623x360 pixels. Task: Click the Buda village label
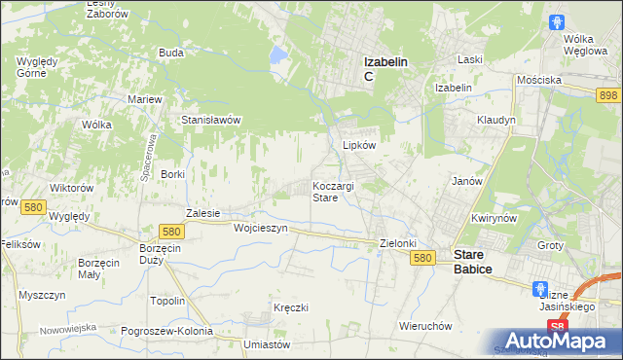[x=171, y=53]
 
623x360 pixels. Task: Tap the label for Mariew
[x=145, y=99]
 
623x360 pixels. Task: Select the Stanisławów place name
[x=211, y=120]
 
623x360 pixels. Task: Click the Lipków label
[x=359, y=144]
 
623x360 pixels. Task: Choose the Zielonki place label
[x=398, y=243]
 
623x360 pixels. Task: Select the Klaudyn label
[x=495, y=120]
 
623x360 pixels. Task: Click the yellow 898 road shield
[x=609, y=93]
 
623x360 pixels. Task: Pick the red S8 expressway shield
[x=556, y=326]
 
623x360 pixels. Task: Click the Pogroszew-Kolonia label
[x=167, y=331]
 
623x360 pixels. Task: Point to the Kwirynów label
[x=493, y=218]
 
